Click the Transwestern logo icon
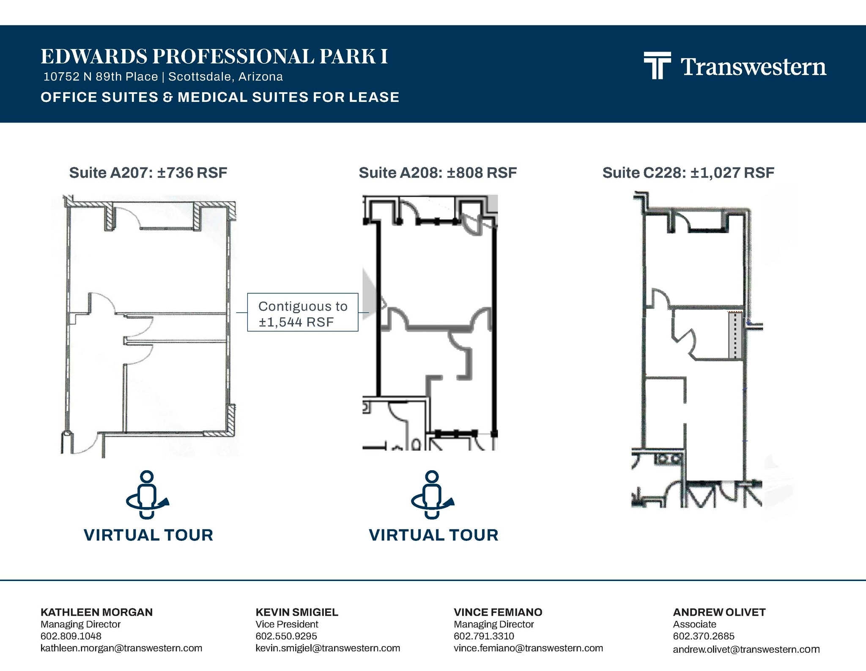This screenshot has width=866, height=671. [x=657, y=65]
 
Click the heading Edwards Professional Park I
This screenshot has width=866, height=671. [x=214, y=57]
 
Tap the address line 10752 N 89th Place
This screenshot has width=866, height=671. [x=101, y=76]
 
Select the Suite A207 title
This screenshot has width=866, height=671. [x=148, y=172]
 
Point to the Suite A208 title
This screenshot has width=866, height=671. [x=438, y=172]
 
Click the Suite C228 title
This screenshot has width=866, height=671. [x=688, y=172]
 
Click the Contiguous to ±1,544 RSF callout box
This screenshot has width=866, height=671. [x=303, y=312]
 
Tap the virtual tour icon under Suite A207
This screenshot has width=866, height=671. [x=148, y=494]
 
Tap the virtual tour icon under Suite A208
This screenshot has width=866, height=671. [x=433, y=494]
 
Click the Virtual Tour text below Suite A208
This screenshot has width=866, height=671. [x=433, y=535]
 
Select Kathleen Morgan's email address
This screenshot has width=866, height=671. [x=121, y=648]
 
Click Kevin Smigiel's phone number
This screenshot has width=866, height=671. [x=286, y=636]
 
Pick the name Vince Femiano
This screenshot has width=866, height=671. [x=498, y=612]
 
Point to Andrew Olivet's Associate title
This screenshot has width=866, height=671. [x=695, y=624]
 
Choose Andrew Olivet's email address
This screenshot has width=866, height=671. [x=746, y=649]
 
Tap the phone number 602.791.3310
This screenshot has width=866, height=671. [x=484, y=636]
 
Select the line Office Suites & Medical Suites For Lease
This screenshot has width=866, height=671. [x=220, y=97]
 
